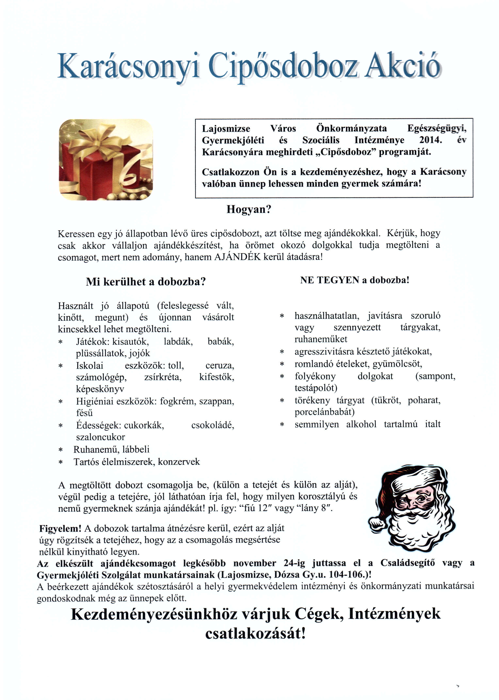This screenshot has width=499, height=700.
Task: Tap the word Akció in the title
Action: pos(403,65)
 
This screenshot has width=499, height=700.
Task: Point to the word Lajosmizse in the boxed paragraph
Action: pos(226,128)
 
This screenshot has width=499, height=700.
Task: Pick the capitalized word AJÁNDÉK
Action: pos(237,257)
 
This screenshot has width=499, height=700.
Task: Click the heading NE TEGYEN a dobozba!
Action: pos(355,280)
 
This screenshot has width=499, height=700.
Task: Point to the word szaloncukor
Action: pos(100,437)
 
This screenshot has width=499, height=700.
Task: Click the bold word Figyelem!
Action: pos(60,528)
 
